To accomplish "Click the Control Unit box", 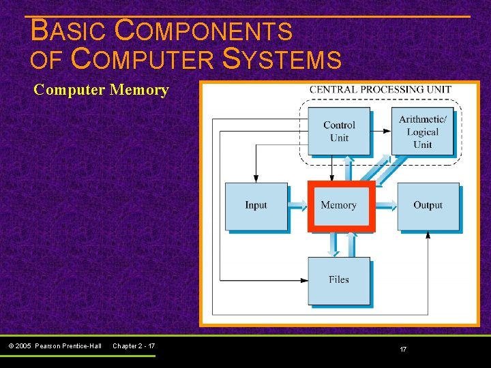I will pyautogui.click(x=339, y=131).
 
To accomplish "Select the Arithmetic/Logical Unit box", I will pyautogui.click(x=422, y=131).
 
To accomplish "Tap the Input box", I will pyautogui.click(x=256, y=206).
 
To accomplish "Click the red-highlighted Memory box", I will pyautogui.click(x=339, y=206).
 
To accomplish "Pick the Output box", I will pyautogui.click(x=428, y=206).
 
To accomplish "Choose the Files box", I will pyautogui.click(x=339, y=280).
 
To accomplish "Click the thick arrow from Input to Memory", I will pyautogui.click(x=298, y=205).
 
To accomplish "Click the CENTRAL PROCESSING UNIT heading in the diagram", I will pyautogui.click(x=380, y=90).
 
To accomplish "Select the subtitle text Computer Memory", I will pyautogui.click(x=101, y=90).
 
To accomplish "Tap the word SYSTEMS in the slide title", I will pyautogui.click(x=282, y=60).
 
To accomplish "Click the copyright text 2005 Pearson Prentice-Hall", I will pyautogui.click(x=60, y=346).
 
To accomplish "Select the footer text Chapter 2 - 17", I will pyautogui.click(x=134, y=346).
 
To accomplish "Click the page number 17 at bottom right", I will pyautogui.click(x=403, y=350).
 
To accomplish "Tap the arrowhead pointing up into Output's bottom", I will pyautogui.click(x=428, y=235).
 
